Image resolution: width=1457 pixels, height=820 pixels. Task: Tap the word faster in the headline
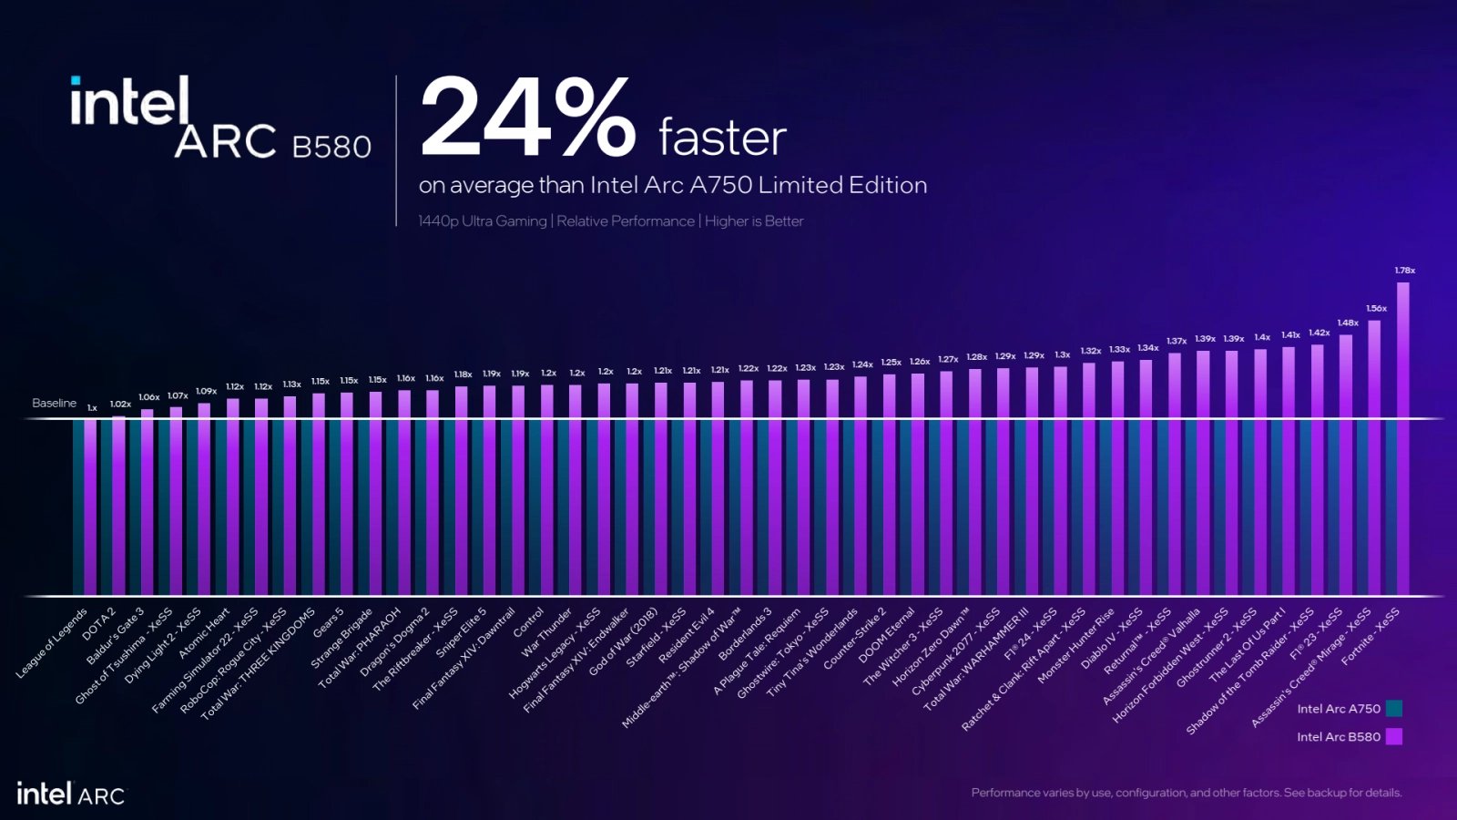click(722, 138)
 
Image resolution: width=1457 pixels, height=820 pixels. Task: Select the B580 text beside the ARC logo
click(331, 147)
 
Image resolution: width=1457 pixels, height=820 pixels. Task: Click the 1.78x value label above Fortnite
click(1404, 271)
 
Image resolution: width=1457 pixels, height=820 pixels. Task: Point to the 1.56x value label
click(1376, 309)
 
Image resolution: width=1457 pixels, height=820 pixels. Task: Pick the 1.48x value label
click(1348, 323)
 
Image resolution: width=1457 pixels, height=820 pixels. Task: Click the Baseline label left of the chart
click(54, 403)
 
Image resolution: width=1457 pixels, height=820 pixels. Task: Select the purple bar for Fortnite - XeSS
click(1403, 437)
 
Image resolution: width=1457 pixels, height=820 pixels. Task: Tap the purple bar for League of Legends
click(90, 506)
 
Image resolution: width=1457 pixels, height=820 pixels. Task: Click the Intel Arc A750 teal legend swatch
click(1394, 709)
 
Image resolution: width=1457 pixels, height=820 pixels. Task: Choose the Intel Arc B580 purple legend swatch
click(1394, 736)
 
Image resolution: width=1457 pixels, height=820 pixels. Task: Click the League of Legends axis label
click(52, 643)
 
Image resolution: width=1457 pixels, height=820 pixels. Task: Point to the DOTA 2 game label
click(99, 623)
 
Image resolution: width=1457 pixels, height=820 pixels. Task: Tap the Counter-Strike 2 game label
click(854, 638)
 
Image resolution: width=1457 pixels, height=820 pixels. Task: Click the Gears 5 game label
click(329, 622)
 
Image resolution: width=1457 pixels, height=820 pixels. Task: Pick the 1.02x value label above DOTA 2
click(120, 404)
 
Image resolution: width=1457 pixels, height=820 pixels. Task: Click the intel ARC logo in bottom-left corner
click(70, 794)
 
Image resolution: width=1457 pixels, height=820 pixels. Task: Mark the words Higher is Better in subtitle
click(754, 221)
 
